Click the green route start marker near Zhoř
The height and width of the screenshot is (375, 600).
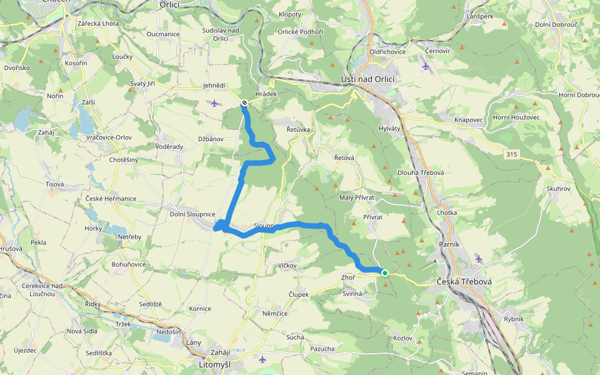[385, 272]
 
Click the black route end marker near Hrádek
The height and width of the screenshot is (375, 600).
[244, 102]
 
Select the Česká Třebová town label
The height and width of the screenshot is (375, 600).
[464, 282]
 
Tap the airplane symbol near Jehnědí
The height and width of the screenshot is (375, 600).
[215, 103]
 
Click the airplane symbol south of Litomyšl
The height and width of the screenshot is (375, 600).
[262, 359]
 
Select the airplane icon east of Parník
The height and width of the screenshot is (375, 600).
[479, 258]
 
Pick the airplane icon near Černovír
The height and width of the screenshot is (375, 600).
[426, 66]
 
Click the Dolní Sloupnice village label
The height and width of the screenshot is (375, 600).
[192, 214]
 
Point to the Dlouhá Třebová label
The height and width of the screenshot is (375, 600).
[421, 172]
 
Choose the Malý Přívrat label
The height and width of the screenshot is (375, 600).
[357, 197]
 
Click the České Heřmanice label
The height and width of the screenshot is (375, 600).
[111, 199]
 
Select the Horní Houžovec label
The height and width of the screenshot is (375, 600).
[516, 117]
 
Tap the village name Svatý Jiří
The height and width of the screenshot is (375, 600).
[142, 83]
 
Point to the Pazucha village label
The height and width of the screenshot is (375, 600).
[322, 349]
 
